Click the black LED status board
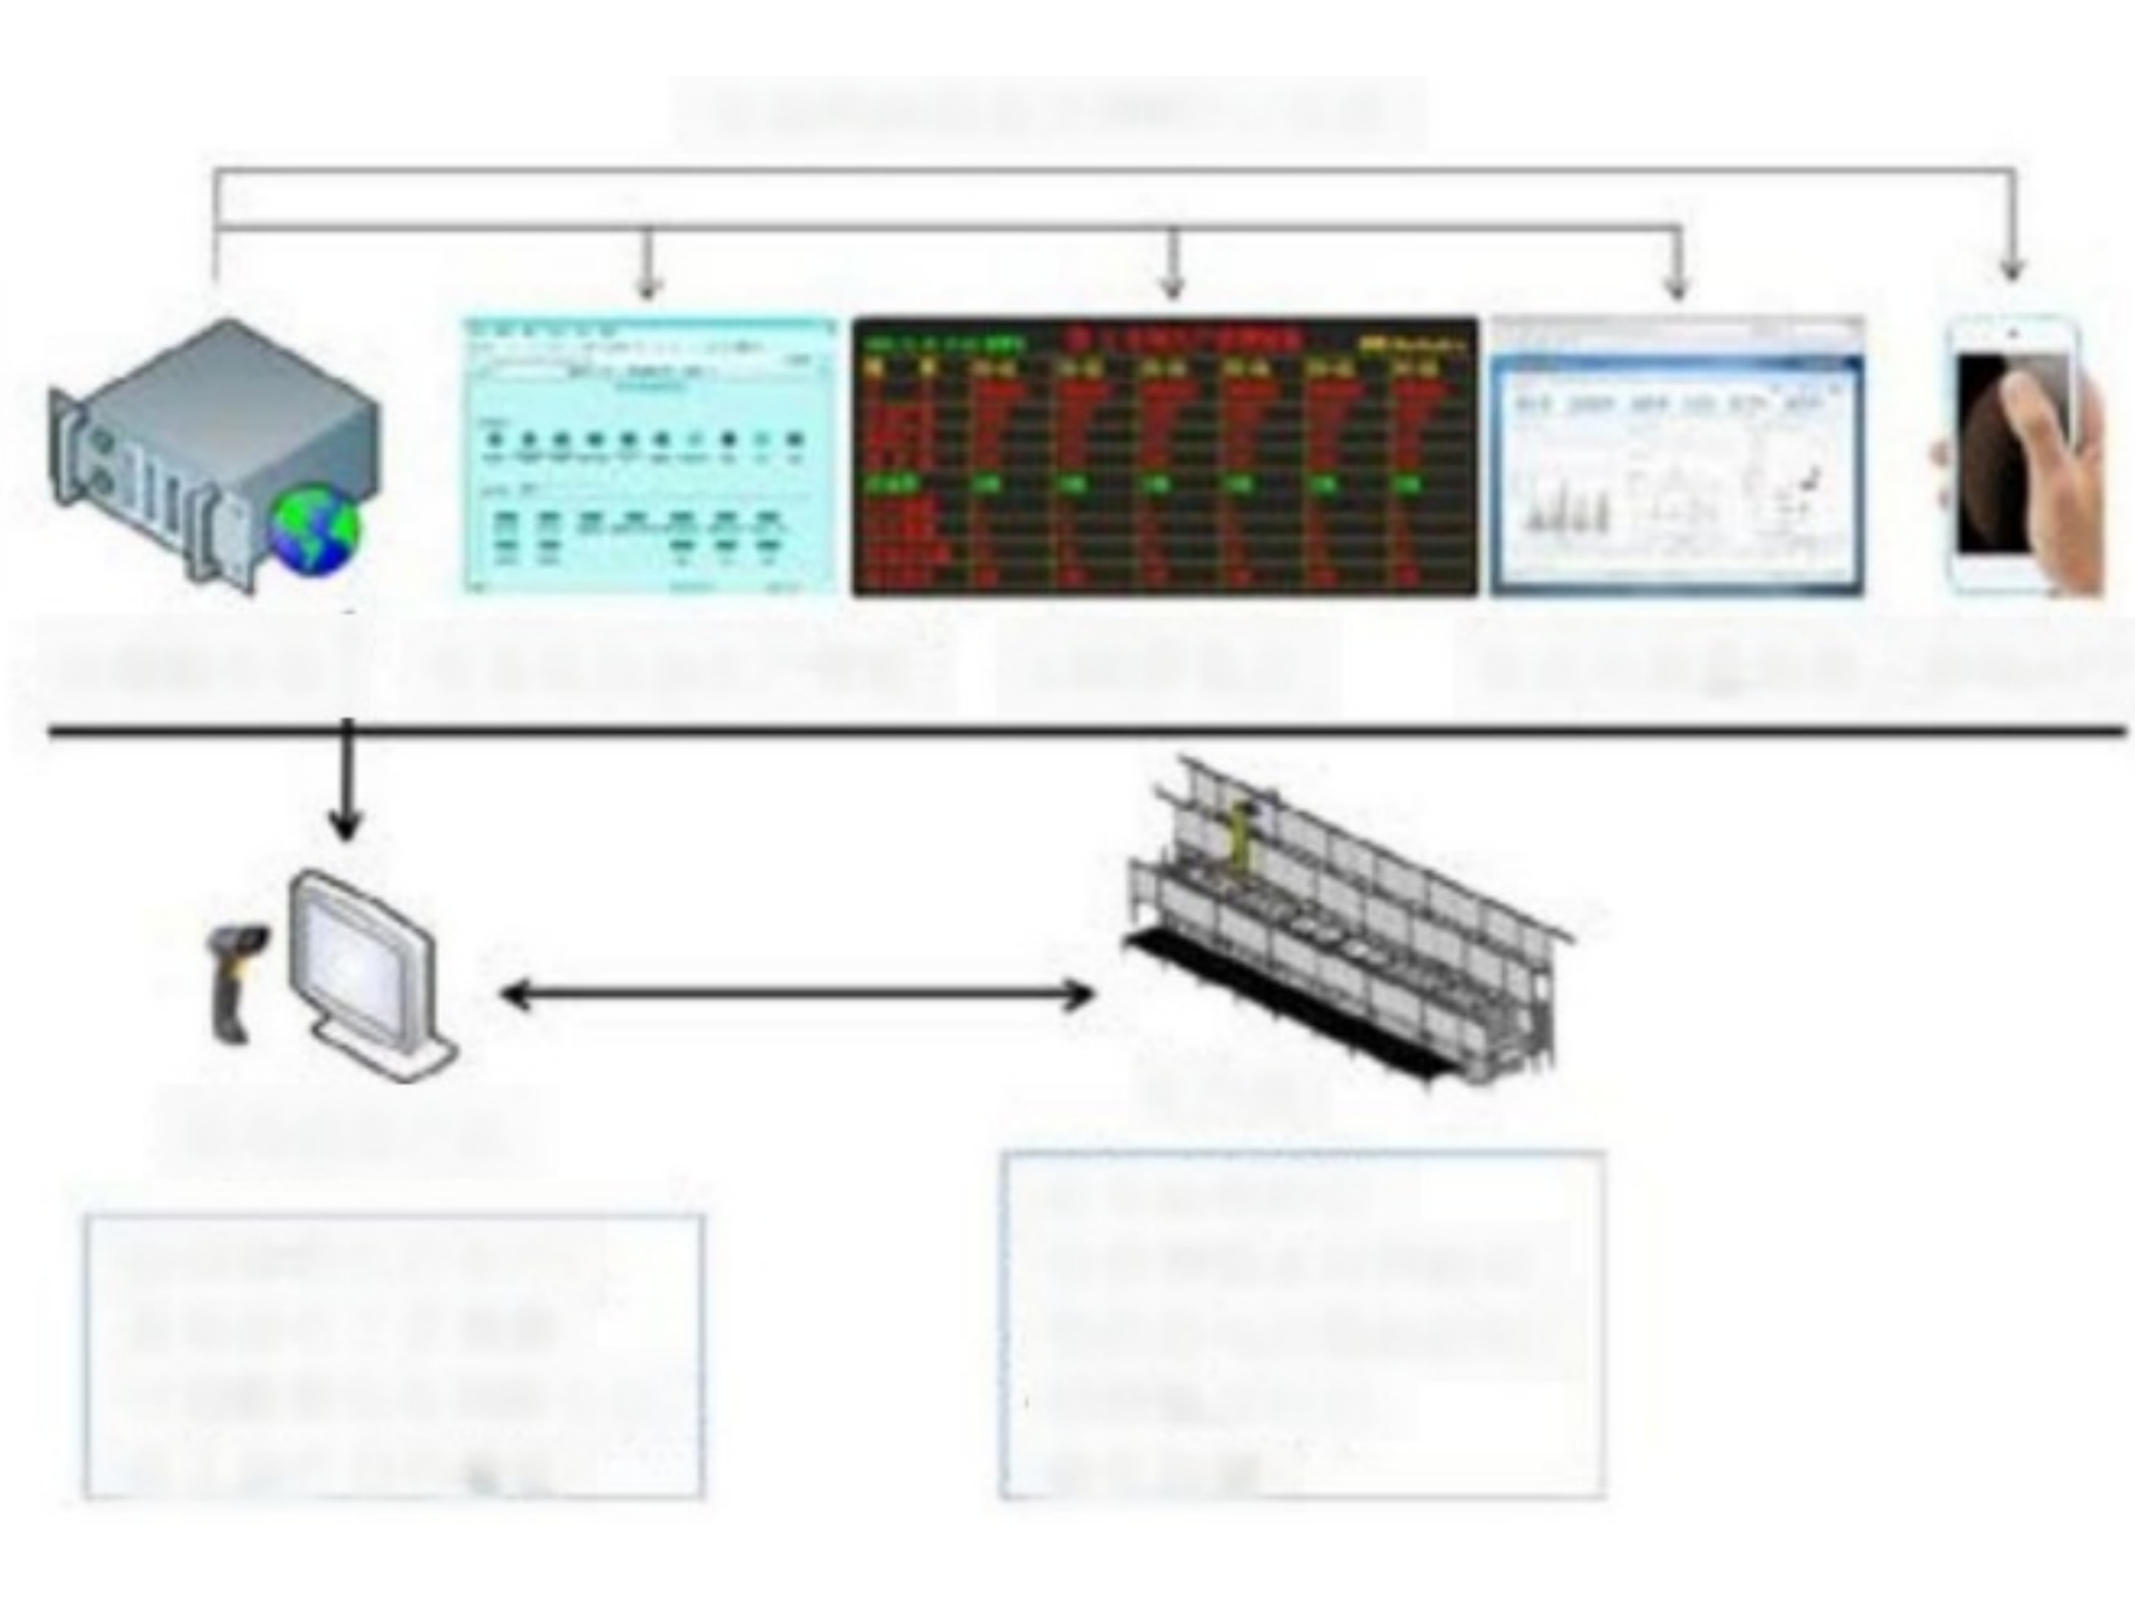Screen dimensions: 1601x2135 point(1165,455)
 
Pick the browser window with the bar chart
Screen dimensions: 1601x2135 point(1677,455)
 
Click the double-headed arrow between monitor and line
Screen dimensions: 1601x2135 point(798,994)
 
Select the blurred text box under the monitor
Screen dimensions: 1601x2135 point(394,1356)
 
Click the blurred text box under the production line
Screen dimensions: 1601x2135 point(1302,1324)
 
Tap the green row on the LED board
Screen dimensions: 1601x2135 point(1165,482)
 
